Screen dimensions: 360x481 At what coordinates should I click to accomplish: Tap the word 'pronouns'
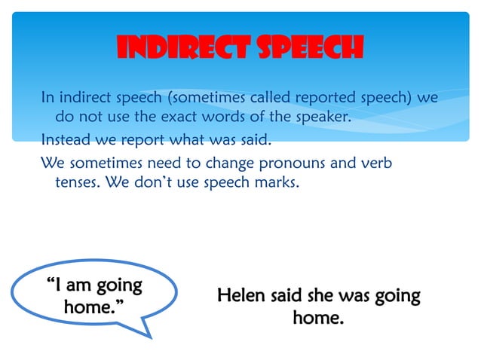(x=289, y=162)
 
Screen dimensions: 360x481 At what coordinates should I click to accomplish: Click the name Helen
(x=240, y=295)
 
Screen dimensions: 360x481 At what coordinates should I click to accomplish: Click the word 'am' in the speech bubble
(x=82, y=286)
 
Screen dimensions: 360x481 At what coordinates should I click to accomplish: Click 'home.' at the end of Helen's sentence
(x=318, y=318)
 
